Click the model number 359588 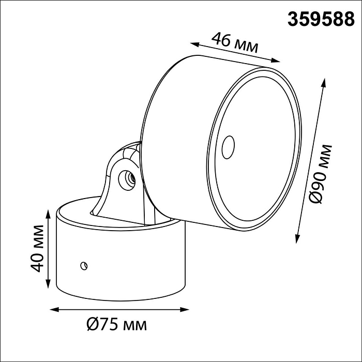tap(321, 19)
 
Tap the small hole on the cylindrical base tap(83, 266)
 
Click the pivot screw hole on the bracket tap(125, 179)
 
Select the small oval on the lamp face tap(226, 148)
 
